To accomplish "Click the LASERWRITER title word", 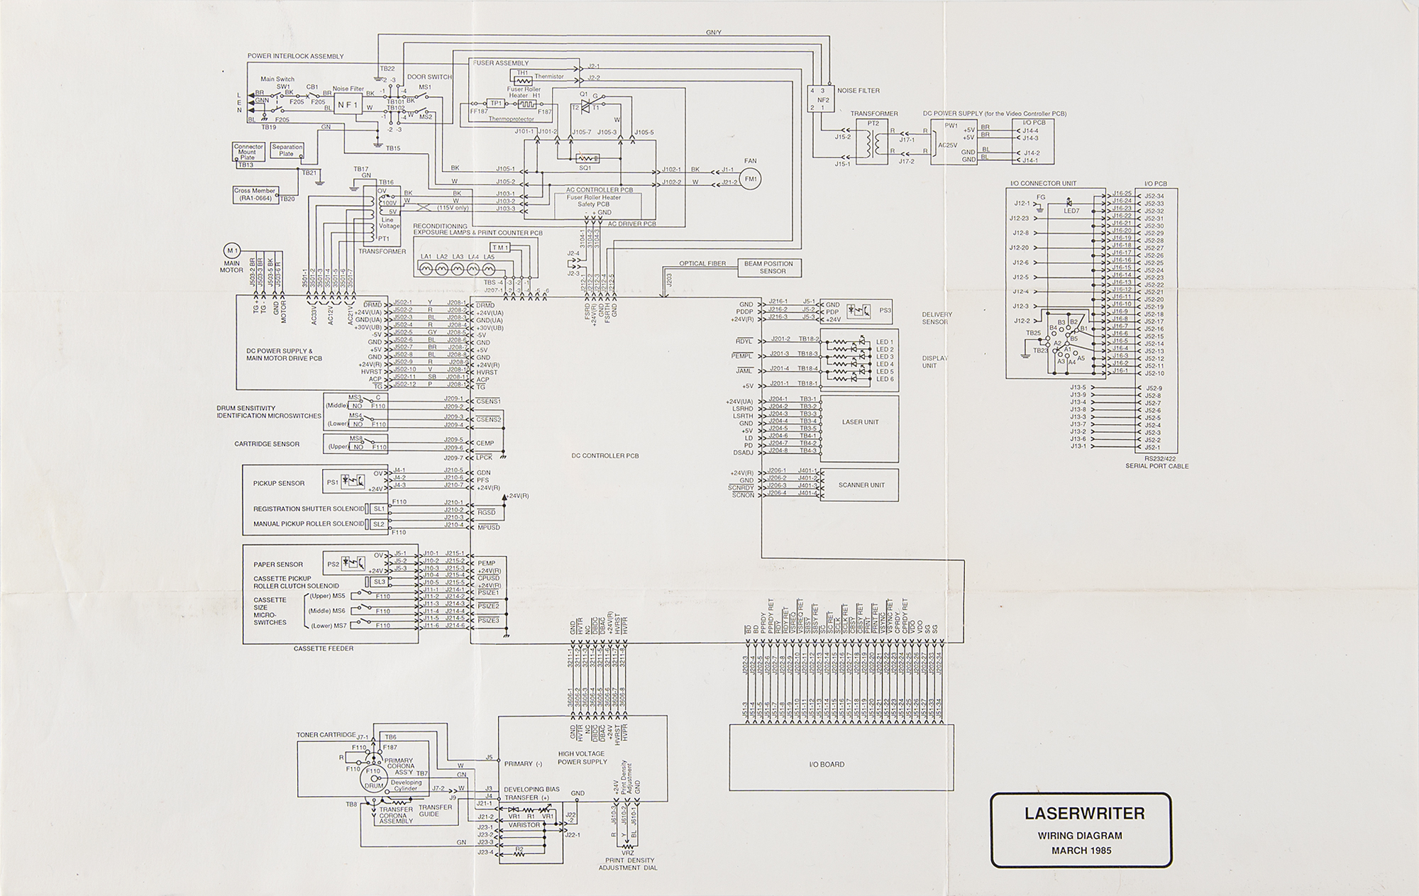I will pyautogui.click(x=1084, y=814).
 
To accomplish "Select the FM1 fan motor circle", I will pyautogui.click(x=751, y=179).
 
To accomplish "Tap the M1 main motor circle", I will pyautogui.click(x=231, y=250).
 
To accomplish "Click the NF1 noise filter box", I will pyautogui.click(x=348, y=104).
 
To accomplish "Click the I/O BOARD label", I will pyautogui.click(x=827, y=765).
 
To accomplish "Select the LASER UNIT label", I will pyautogui.click(x=860, y=422).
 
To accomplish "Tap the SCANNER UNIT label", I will pyautogui.click(x=861, y=485).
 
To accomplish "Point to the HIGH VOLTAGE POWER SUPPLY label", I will pyautogui.click(x=582, y=758).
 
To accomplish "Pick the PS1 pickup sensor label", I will pyautogui.click(x=332, y=482).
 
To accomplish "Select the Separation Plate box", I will pyautogui.click(x=287, y=150).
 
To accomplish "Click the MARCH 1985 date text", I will pyautogui.click(x=1081, y=851).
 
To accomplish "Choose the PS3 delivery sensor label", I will pyautogui.click(x=884, y=310).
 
